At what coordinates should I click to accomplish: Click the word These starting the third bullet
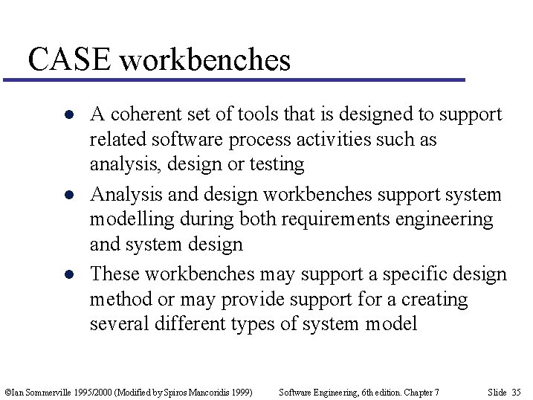coord(114,274)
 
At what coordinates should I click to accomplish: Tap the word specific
coord(413,274)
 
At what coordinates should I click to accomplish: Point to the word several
coord(115,324)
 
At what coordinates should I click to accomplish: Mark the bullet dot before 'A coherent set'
coord(68,115)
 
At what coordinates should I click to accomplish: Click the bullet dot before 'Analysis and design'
coord(68,196)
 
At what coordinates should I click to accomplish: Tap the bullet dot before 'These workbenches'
coord(68,275)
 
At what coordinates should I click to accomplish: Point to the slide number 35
coord(516,392)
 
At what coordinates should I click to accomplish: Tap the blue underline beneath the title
coord(234,80)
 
